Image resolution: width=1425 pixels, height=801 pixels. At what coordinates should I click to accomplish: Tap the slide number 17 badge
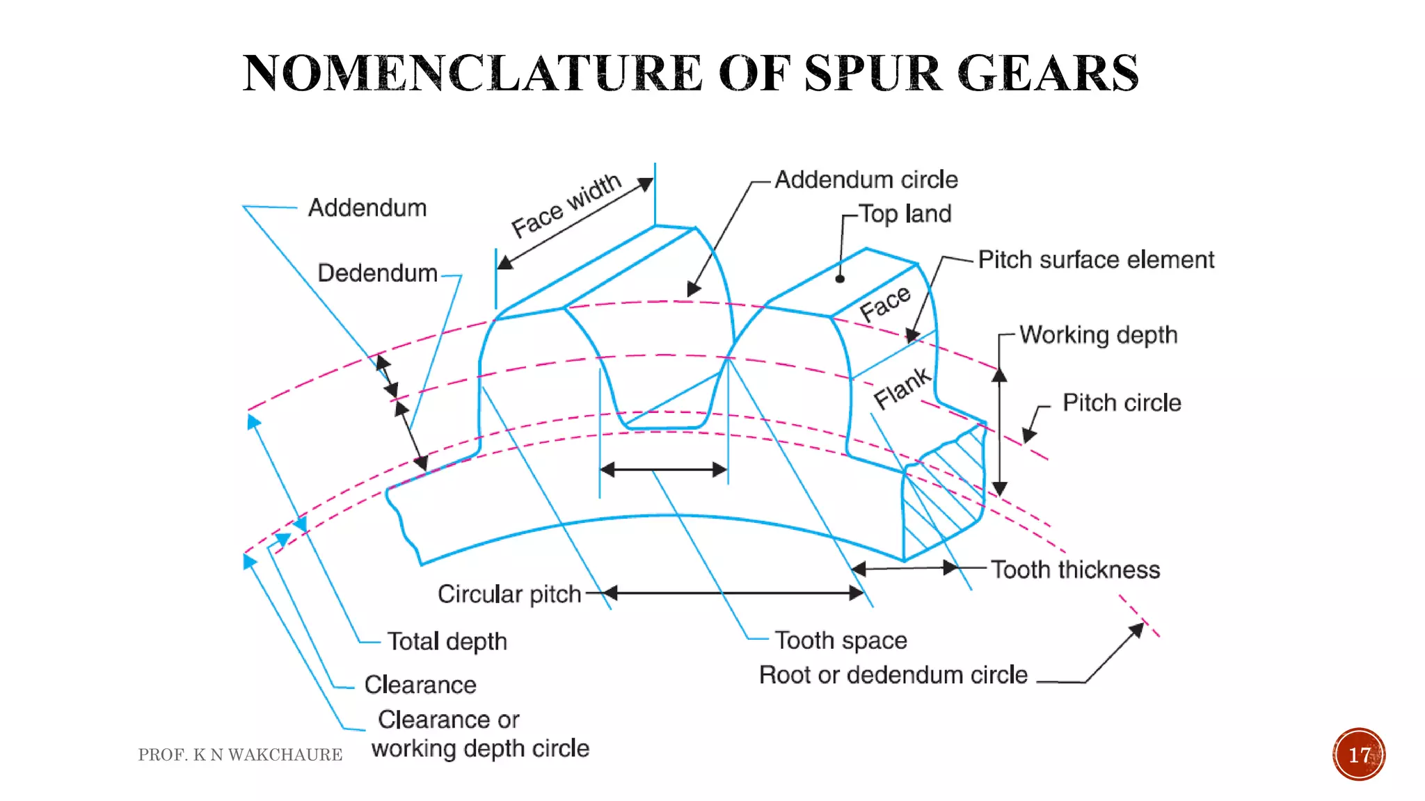[x=1359, y=754]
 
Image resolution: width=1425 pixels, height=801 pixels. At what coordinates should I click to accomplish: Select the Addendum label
[x=367, y=208]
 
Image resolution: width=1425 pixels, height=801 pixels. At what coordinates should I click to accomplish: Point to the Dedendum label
[x=377, y=273]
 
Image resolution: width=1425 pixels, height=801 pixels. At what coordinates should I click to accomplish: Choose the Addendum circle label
[x=866, y=180]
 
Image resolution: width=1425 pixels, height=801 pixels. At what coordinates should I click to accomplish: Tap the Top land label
[x=905, y=213]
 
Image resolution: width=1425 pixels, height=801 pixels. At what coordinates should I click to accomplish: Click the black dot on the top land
[x=840, y=279]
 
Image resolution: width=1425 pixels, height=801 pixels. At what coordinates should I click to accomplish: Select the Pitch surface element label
[x=1096, y=260]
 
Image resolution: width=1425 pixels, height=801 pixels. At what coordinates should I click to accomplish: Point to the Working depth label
[x=1099, y=335]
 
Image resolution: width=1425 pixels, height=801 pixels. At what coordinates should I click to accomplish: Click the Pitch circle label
[x=1122, y=403]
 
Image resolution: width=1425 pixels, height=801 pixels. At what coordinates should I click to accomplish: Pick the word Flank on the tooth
[x=902, y=388]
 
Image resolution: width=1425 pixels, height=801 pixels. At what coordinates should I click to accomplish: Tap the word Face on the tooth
[x=885, y=304]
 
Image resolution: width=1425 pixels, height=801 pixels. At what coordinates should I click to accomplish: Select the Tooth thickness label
[x=1076, y=570]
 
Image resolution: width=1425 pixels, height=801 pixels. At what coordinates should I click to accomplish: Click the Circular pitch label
[x=509, y=594]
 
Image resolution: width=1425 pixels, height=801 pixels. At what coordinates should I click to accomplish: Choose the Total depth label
[x=447, y=642]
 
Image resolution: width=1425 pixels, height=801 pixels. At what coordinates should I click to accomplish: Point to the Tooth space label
[x=841, y=640]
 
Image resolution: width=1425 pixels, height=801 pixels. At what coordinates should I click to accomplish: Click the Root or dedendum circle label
[x=893, y=675]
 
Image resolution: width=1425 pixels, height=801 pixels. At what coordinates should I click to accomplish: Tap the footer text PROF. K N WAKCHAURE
[x=240, y=755]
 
